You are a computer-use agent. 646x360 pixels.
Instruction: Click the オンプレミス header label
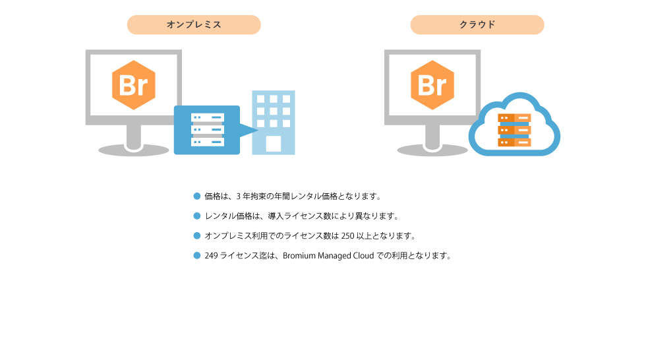(194, 24)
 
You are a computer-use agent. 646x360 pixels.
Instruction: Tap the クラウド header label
(477, 24)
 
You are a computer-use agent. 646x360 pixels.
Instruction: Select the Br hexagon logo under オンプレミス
(133, 85)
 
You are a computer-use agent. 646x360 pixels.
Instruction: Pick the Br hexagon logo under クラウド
(432, 85)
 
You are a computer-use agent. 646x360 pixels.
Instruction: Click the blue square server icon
(207, 130)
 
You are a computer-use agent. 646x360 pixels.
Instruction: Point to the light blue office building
(274, 123)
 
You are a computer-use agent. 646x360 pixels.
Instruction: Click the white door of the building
(274, 144)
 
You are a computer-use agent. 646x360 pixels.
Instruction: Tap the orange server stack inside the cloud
(514, 130)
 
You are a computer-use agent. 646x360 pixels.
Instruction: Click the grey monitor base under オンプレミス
(133, 150)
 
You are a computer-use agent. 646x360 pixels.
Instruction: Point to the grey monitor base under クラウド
(432, 150)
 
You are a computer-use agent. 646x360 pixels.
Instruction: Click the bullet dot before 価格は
(197, 196)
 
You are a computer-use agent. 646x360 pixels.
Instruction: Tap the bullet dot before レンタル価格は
(197, 216)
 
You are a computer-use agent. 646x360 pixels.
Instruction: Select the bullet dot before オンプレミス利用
(197, 235)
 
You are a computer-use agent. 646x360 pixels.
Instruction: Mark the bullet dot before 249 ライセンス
(197, 255)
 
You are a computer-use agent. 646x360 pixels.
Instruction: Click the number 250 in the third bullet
(348, 236)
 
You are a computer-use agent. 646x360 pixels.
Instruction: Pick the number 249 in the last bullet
(212, 256)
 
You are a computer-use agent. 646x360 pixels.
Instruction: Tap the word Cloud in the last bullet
(363, 256)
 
